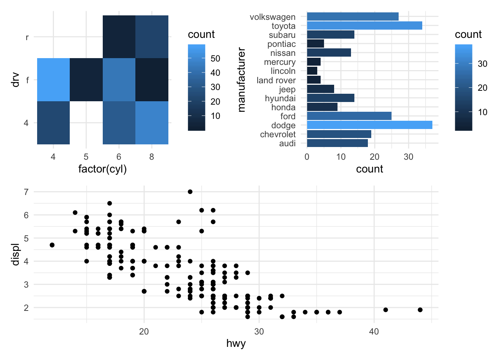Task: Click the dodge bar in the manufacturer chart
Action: pyautogui.click(x=369, y=125)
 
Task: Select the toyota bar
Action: pyautogui.click(x=364, y=26)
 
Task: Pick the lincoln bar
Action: pyautogui.click(x=312, y=71)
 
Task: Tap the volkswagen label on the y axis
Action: pyautogui.click(x=273, y=17)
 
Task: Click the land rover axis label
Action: pyautogui.click(x=276, y=80)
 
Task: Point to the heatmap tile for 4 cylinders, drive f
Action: pyautogui.click(x=53, y=79)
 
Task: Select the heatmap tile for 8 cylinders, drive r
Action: pyautogui.click(x=152, y=37)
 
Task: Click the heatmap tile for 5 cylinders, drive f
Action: pyautogui.click(x=86, y=79)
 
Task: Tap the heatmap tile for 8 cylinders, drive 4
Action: pyautogui.click(x=152, y=123)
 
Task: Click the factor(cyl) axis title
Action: pyautogui.click(x=102, y=169)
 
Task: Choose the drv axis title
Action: pyautogui.click(x=15, y=79)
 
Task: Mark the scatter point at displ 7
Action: pyautogui.click(x=190, y=192)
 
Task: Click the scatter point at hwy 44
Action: pyautogui.click(x=420, y=310)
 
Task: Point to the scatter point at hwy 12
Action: pyautogui.click(x=52, y=245)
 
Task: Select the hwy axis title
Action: pyautogui.click(x=236, y=343)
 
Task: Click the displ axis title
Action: pyautogui.click(x=15, y=255)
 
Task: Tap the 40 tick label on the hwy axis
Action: pyautogui.click(x=374, y=331)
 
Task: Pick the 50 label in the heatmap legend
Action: pyautogui.click(x=215, y=58)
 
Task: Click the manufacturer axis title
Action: pyautogui.click(x=241, y=79)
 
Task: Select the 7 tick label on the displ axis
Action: pyautogui.click(x=26, y=192)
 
